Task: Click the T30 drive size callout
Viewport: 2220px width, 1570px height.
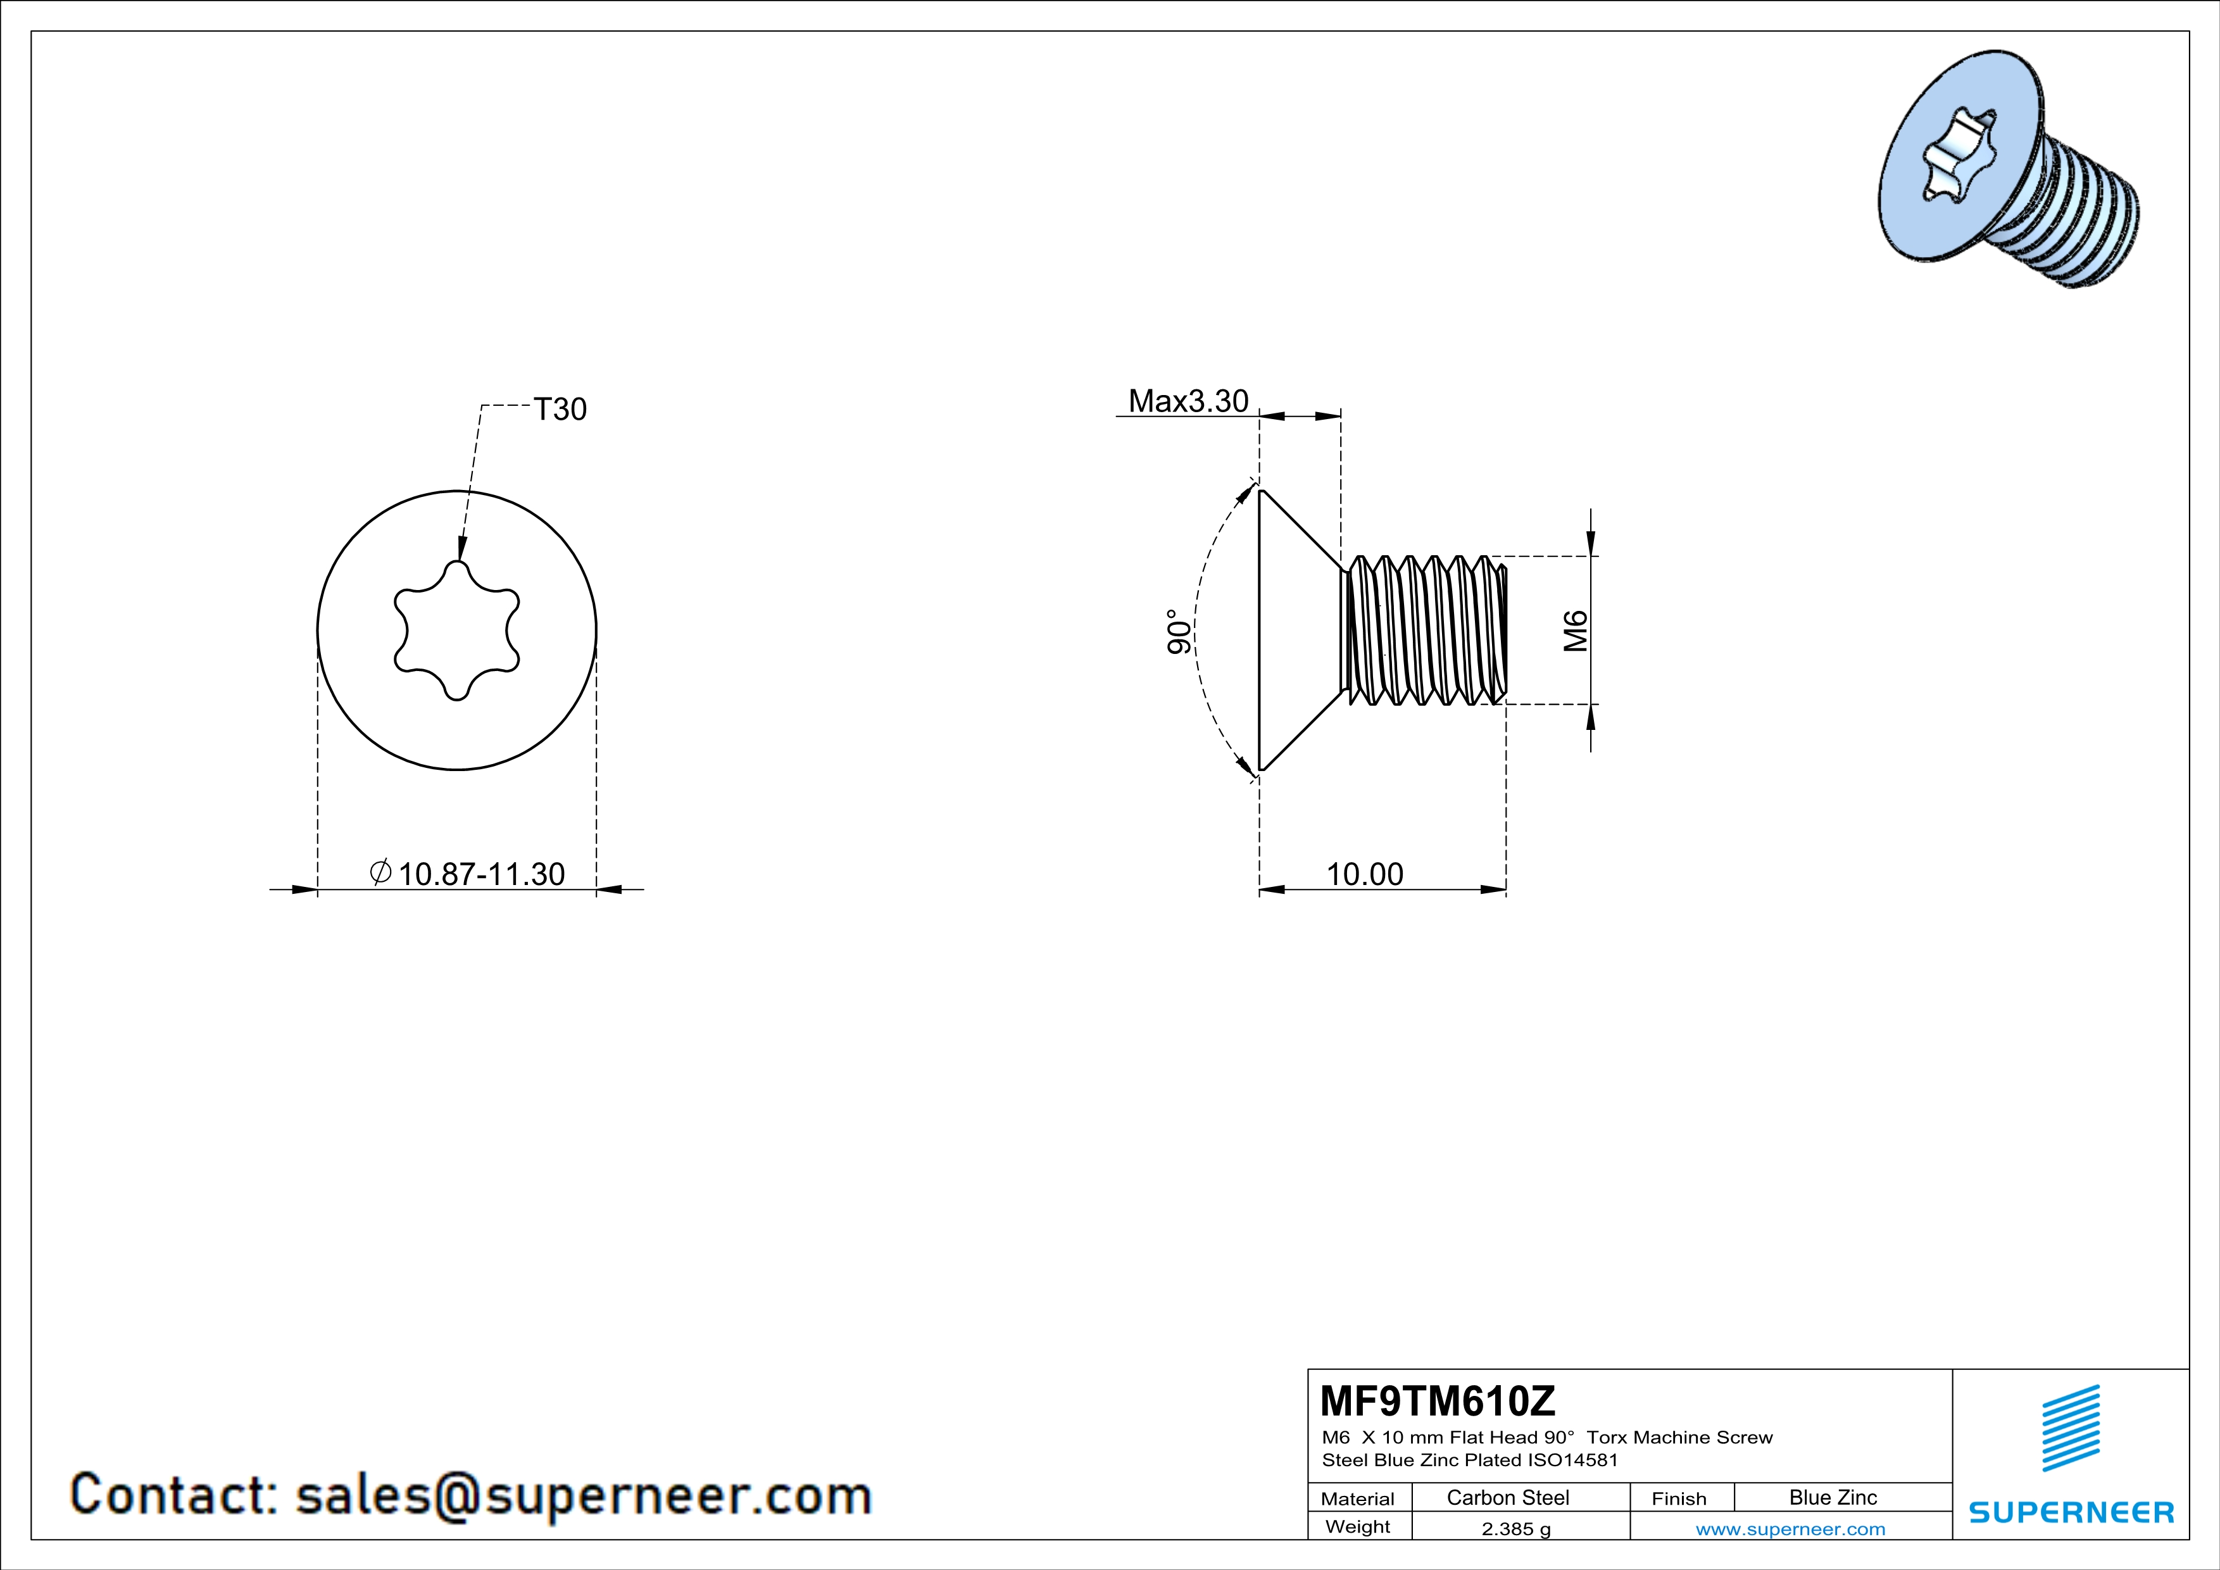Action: click(560, 410)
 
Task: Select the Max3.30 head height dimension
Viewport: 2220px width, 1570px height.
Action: click(1188, 401)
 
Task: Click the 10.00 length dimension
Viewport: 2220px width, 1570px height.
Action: click(1364, 874)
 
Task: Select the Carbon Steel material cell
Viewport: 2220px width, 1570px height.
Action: click(1507, 1497)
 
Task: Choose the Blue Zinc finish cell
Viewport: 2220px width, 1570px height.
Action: click(1832, 1497)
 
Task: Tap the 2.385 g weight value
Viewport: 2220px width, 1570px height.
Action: click(1515, 1528)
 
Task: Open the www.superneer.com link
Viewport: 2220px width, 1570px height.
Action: click(1790, 1528)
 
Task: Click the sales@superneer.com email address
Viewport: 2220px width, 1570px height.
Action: click(583, 1495)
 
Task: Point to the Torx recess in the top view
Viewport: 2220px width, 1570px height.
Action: click(456, 631)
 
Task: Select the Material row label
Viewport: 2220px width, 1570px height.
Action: click(1358, 1498)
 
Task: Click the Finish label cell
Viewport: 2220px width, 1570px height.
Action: click(1679, 1498)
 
